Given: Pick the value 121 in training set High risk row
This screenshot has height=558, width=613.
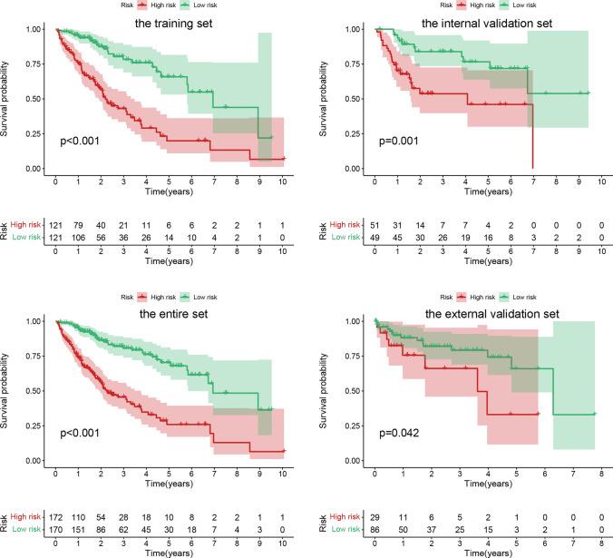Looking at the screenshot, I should pos(56,225).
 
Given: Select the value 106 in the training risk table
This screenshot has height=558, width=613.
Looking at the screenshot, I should pos(79,238).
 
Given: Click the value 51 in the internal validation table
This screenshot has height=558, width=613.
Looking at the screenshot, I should pos(375,225).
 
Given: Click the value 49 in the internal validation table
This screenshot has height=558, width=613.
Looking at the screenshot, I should pos(375,238).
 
